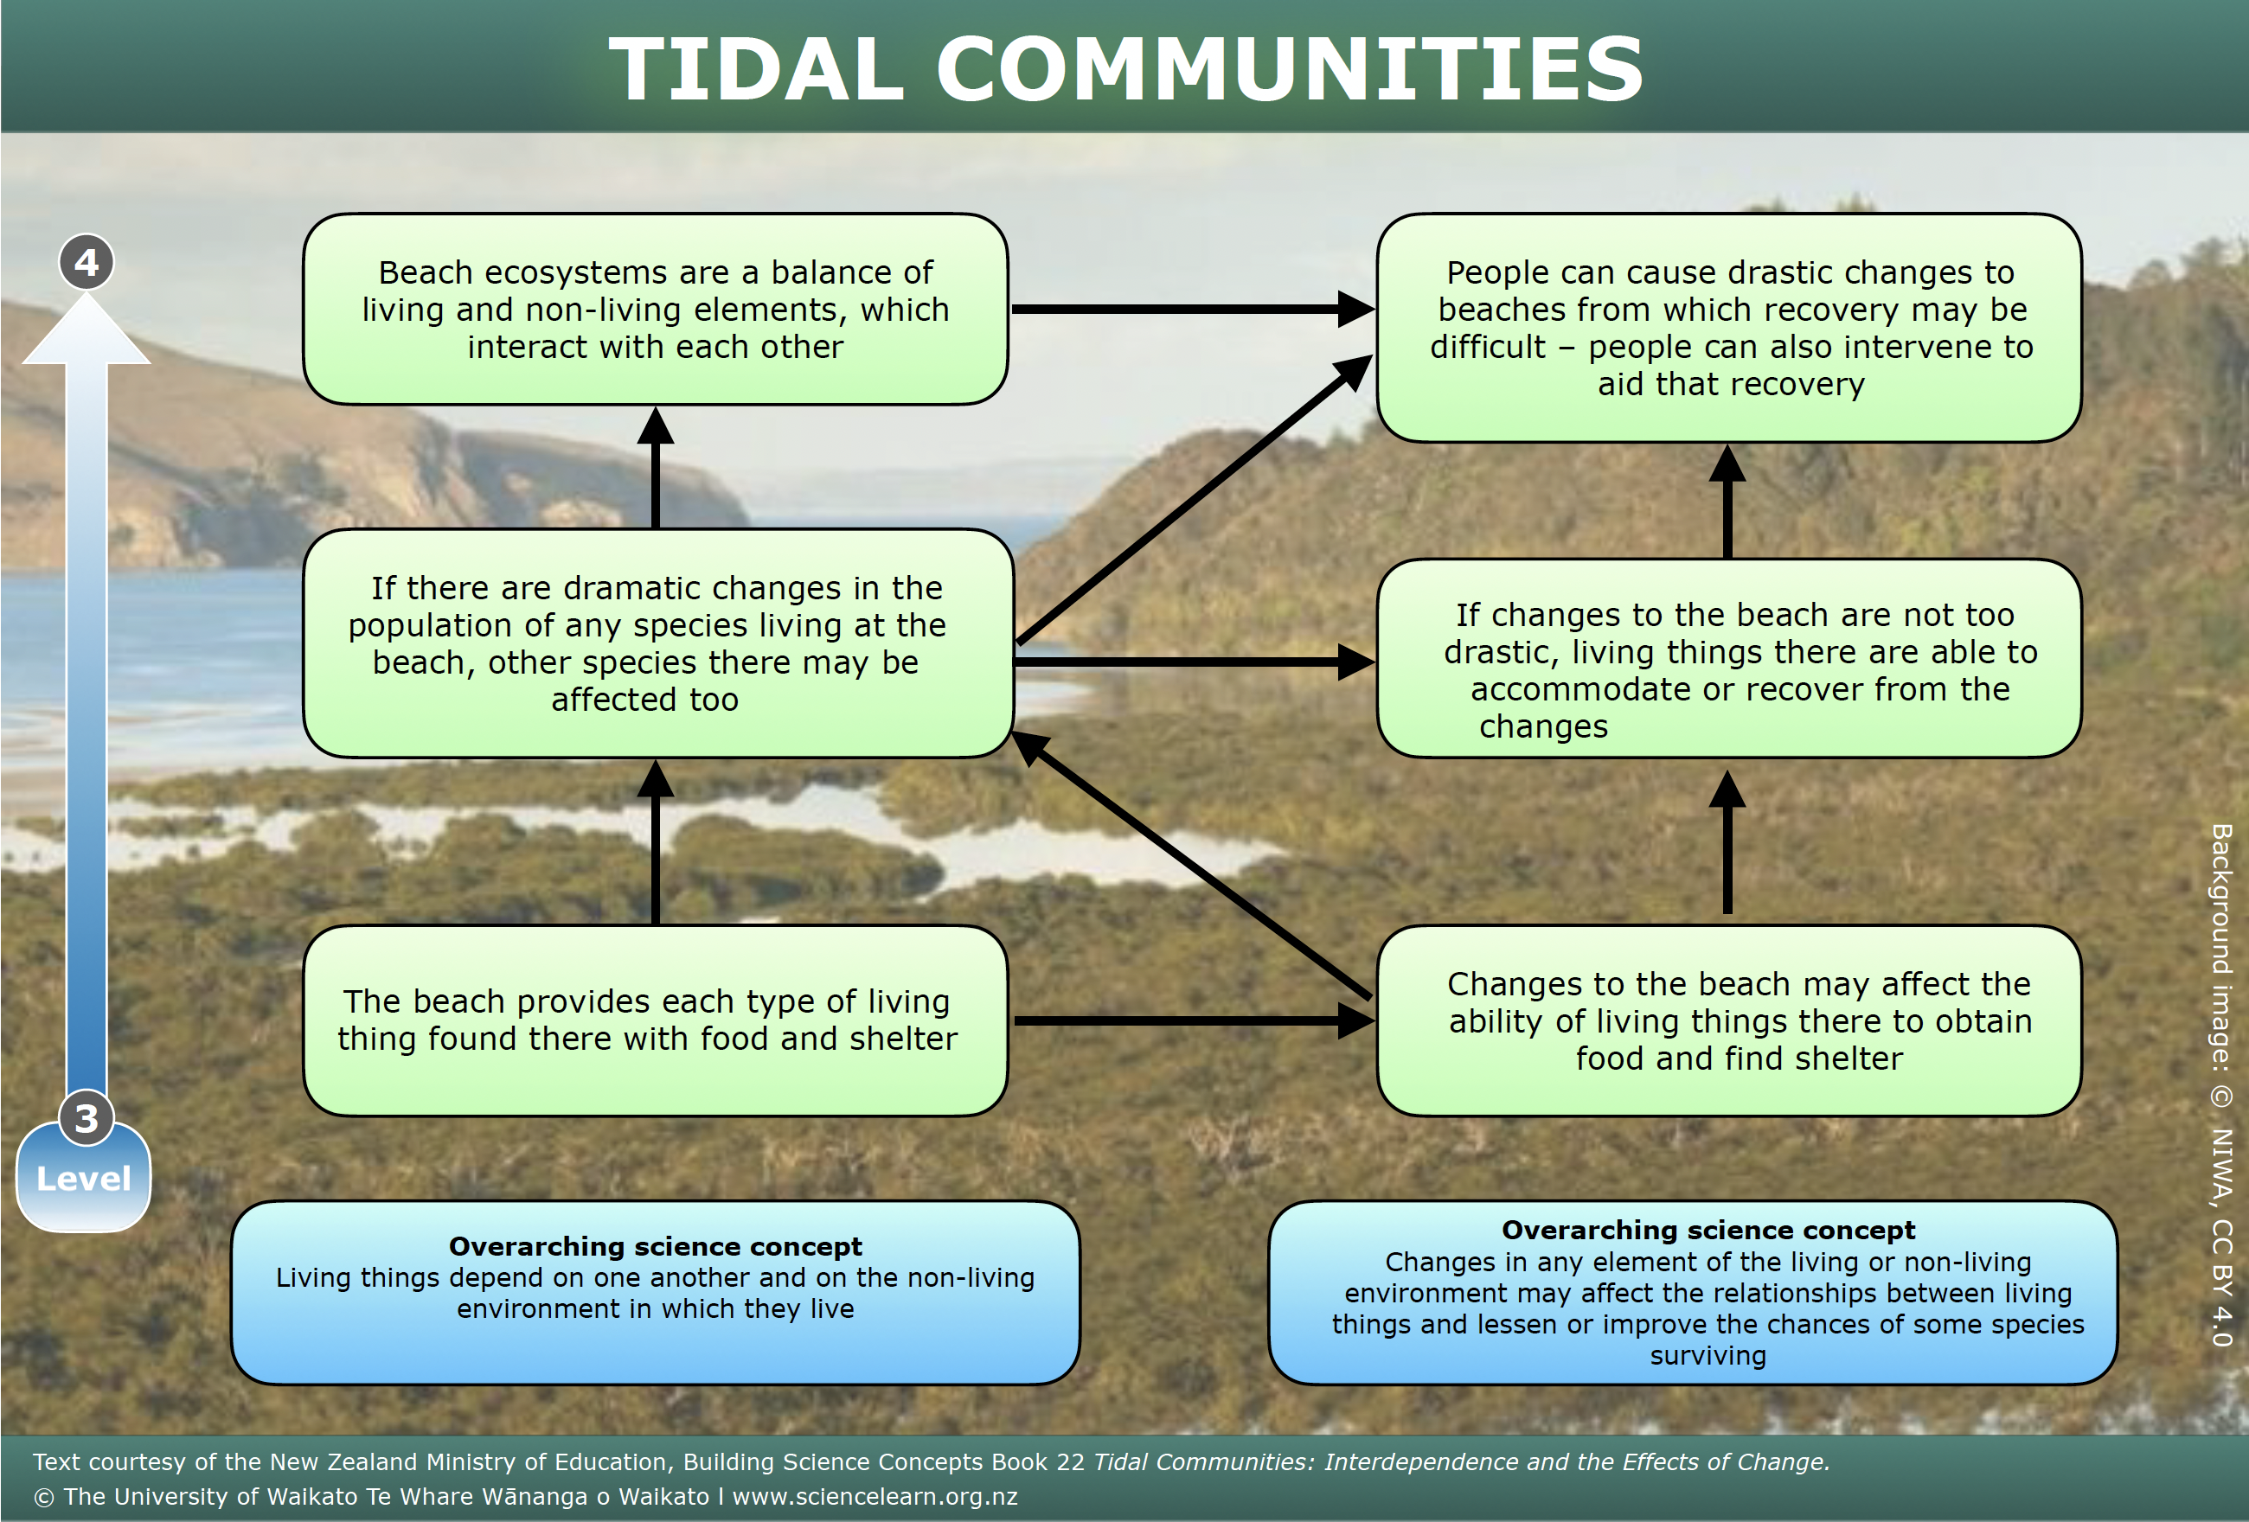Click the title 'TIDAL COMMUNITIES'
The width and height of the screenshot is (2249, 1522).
pos(1125,67)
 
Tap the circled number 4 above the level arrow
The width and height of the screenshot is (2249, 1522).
pos(86,262)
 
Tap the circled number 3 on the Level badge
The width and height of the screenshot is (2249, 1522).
pos(86,1118)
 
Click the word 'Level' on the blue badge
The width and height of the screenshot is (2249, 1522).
pos(83,1179)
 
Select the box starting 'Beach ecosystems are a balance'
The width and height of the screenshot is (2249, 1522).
pos(655,310)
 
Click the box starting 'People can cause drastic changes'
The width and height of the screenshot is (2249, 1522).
pos(1729,328)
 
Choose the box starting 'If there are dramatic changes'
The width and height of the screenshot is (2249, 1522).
pos(658,643)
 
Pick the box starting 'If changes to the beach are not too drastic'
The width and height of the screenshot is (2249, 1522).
pos(1729,658)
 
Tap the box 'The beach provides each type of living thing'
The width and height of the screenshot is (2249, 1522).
pos(655,1020)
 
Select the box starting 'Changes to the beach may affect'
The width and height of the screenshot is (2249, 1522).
pos(1729,1020)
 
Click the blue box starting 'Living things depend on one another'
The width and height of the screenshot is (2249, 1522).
pos(655,1293)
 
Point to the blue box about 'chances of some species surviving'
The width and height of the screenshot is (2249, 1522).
pos(1694,1293)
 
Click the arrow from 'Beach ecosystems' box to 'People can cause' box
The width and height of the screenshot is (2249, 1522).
pos(1192,310)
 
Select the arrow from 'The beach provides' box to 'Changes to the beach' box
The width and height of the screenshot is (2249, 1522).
pos(1195,1020)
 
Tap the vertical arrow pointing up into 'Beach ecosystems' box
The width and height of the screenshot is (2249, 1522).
pos(655,467)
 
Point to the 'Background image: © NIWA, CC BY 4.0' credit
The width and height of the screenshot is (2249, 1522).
pos(2222,1084)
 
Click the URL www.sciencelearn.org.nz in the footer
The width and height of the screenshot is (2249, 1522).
pos(875,1496)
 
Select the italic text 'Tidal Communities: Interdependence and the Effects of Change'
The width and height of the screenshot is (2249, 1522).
pos(1461,1461)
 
